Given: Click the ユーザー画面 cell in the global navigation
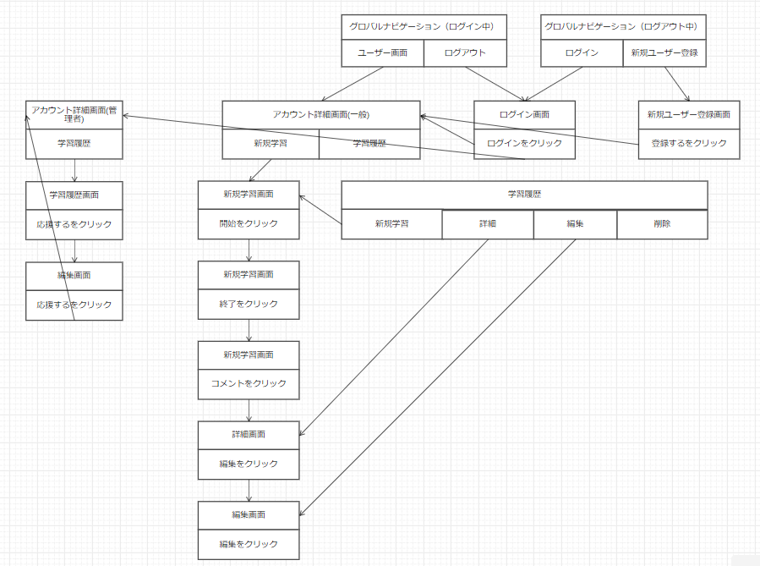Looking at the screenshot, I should point(382,52).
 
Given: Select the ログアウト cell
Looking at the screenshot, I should point(465,52).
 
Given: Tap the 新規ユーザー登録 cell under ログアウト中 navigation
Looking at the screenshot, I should point(664,52).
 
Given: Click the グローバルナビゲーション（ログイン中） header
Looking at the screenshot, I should point(424,27).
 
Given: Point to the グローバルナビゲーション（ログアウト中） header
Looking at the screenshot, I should point(623,27).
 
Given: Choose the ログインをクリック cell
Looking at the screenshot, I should point(524,144).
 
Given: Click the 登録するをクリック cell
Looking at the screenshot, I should point(689,144).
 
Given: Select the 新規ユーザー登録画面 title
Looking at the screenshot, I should point(689,115).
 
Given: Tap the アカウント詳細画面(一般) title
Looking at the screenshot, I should point(321,115).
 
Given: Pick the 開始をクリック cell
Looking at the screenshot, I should point(249,224).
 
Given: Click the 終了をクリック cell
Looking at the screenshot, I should point(249,304).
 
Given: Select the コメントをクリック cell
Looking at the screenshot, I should point(249,384).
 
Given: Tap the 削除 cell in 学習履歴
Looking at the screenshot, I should point(662,224).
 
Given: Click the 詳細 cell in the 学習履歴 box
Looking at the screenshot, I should point(488,224).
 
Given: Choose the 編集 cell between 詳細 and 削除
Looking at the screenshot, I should point(575,224).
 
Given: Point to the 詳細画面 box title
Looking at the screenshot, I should point(249,435).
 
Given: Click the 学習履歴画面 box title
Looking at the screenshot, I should point(74,195).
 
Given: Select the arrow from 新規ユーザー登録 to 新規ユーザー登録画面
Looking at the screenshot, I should point(677,84).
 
